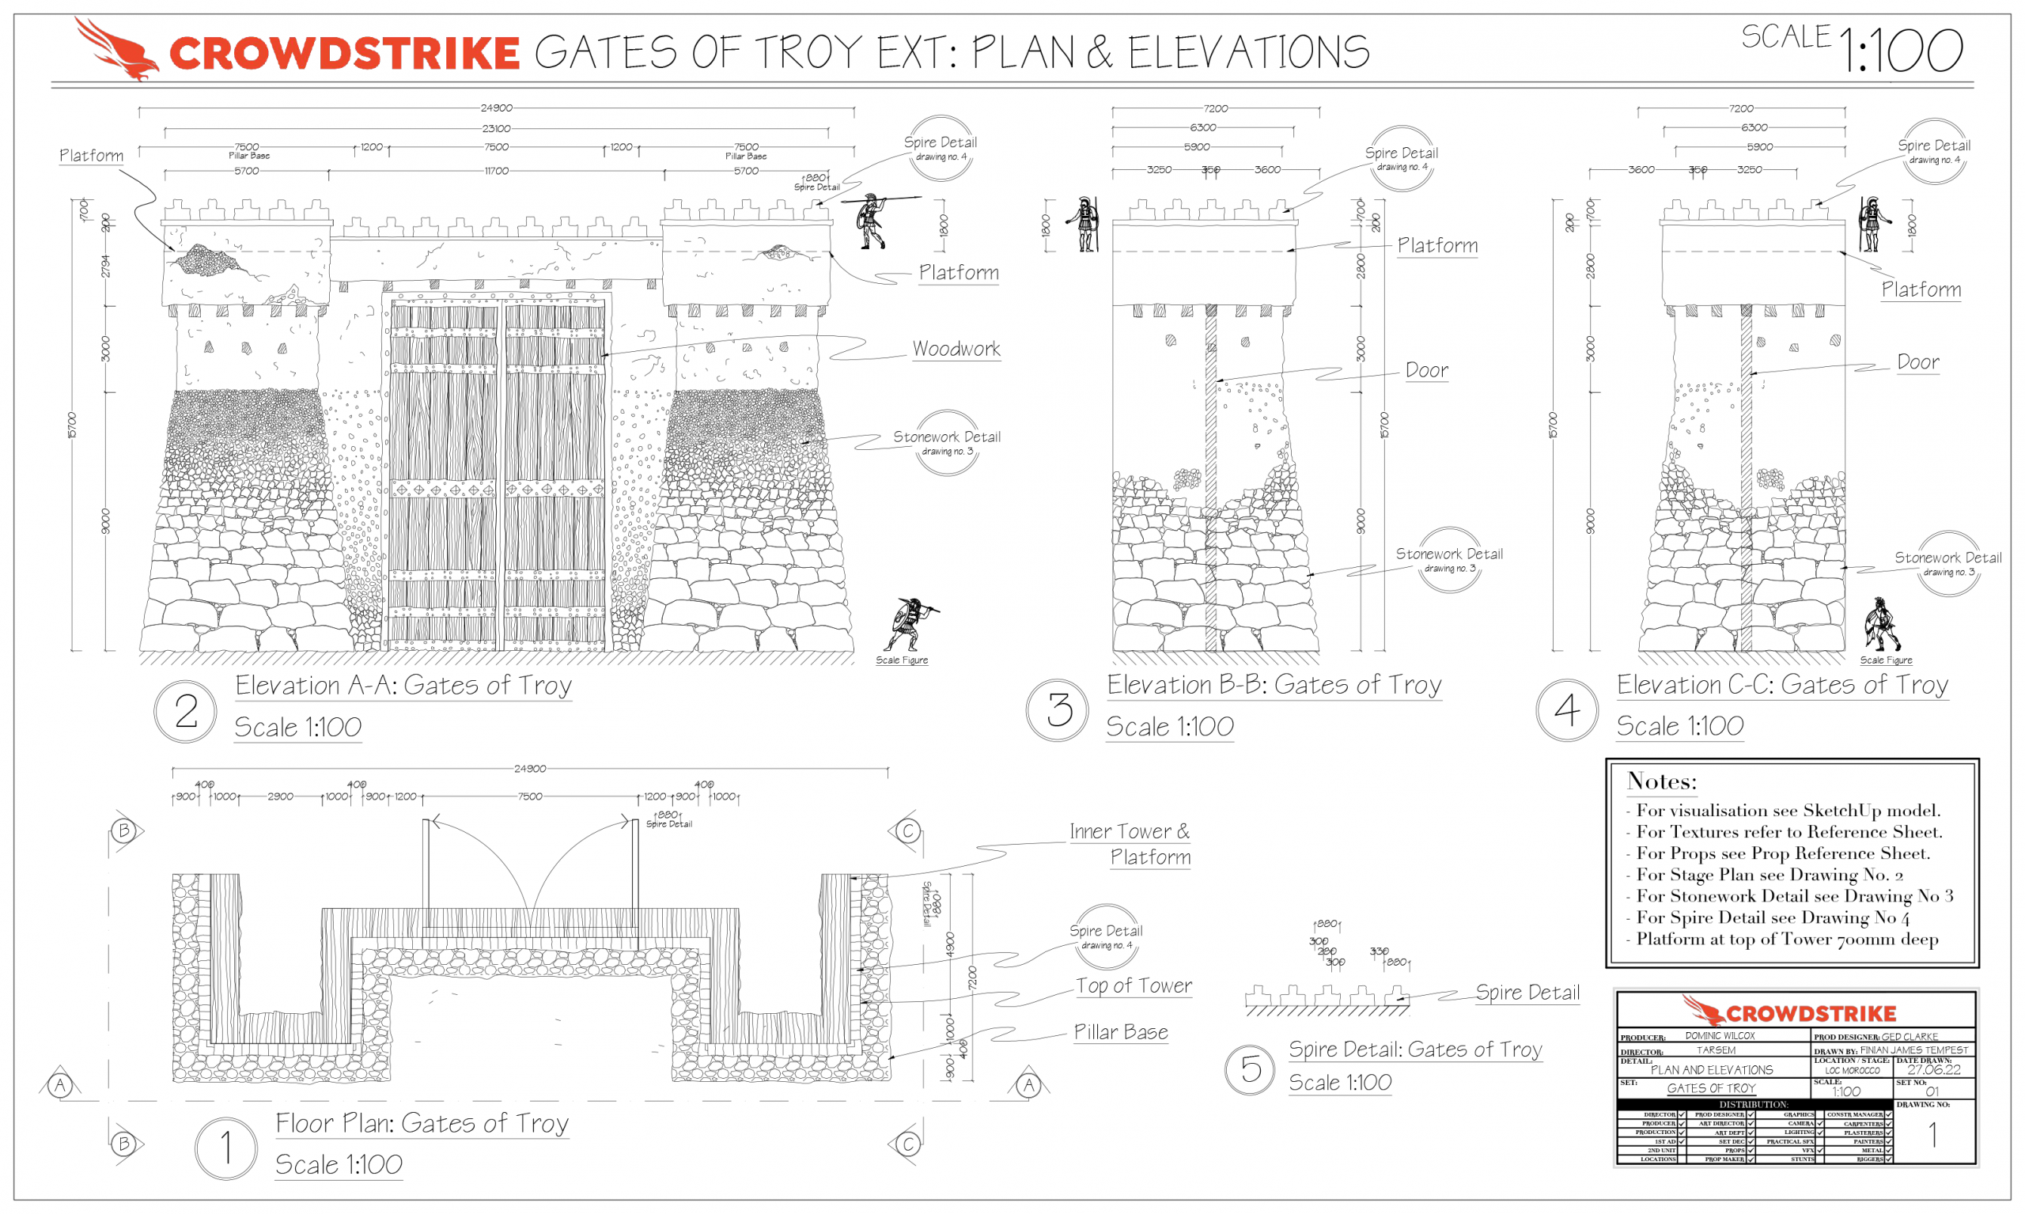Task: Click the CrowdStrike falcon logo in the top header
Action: point(116,49)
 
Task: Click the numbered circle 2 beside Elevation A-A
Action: point(186,711)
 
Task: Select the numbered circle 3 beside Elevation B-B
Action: point(1058,709)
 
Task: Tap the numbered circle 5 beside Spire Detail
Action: point(1249,1068)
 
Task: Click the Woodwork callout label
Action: point(956,350)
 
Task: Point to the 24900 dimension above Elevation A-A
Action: point(496,108)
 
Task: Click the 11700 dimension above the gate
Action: point(496,171)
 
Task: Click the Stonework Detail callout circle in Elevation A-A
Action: point(947,443)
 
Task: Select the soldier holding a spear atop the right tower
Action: point(872,221)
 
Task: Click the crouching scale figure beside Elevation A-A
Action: point(908,625)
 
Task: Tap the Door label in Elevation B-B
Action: point(1426,371)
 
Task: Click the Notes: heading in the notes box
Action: point(1661,781)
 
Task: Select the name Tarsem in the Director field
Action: point(1715,1049)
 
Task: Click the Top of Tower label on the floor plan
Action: point(1134,985)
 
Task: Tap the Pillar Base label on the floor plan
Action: point(1120,1032)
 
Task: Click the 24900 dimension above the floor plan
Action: point(529,769)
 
